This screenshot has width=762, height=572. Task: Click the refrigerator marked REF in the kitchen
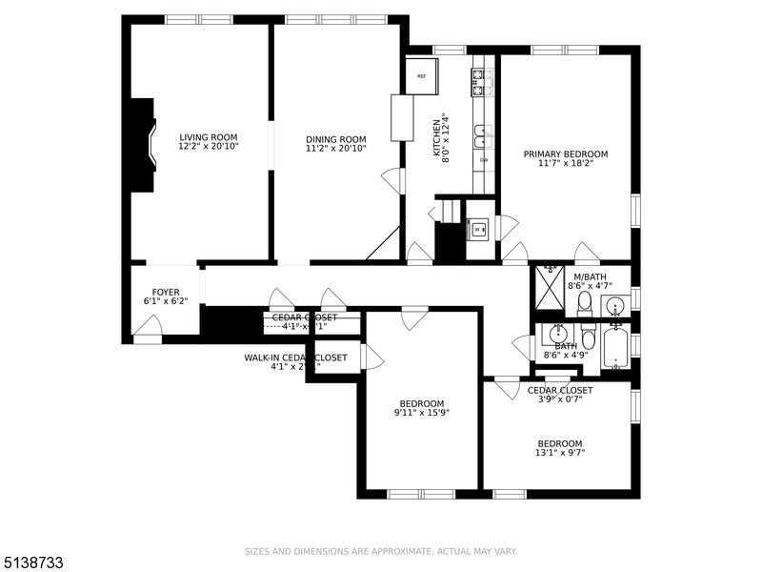(421, 75)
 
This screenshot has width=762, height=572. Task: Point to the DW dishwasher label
(483, 160)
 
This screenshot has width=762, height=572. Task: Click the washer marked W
(479, 229)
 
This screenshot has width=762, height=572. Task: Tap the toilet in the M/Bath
(585, 304)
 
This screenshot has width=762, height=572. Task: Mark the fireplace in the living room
(144, 145)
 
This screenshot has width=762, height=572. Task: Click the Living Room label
(208, 137)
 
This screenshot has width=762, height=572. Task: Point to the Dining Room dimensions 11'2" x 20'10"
(335, 149)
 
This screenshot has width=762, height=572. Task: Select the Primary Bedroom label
(565, 153)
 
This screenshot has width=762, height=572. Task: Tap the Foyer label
(166, 292)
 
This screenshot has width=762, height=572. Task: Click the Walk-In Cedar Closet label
(295, 357)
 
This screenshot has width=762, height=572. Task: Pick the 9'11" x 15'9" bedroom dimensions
(421, 413)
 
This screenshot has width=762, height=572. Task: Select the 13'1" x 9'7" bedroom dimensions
(559, 454)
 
